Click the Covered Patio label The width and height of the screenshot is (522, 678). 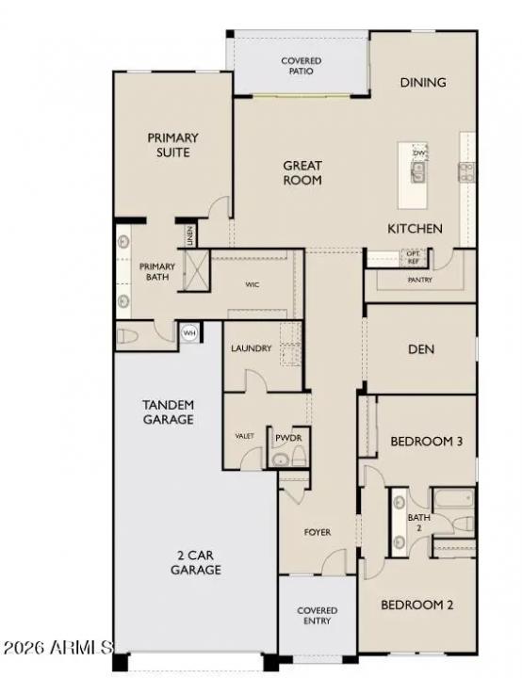(x=301, y=66)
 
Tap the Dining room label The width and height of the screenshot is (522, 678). (x=422, y=83)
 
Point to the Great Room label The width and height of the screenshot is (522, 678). (x=302, y=172)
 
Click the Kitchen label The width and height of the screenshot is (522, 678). (x=416, y=229)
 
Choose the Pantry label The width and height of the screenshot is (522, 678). (x=420, y=280)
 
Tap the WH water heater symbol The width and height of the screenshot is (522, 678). (x=189, y=332)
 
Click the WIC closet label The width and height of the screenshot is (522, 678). (x=253, y=283)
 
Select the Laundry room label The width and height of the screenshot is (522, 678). (x=252, y=348)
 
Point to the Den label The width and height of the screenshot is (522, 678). (x=420, y=349)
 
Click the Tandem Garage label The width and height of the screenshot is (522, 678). (x=168, y=412)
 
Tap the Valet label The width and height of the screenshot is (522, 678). (x=245, y=436)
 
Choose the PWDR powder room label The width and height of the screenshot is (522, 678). (x=286, y=439)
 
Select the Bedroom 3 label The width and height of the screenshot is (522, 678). (x=426, y=442)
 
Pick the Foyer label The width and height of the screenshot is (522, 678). (x=317, y=533)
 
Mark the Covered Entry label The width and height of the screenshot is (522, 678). (x=317, y=617)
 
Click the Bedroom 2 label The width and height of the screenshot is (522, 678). (x=417, y=605)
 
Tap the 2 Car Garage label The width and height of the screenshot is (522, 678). (x=196, y=562)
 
